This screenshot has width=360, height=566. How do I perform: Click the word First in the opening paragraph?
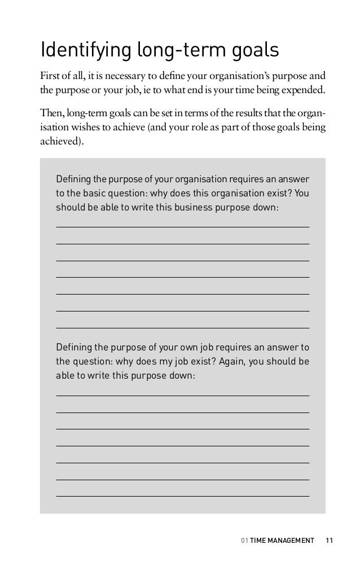pyautogui.click(x=49, y=77)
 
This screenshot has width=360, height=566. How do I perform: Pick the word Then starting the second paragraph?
pyautogui.click(x=51, y=114)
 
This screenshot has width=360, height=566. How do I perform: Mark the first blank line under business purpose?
pyautogui.click(x=183, y=227)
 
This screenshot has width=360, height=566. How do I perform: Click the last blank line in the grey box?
pyautogui.click(x=183, y=495)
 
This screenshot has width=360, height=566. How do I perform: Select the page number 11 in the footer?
pyautogui.click(x=330, y=541)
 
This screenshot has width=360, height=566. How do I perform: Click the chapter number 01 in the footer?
pyautogui.click(x=244, y=541)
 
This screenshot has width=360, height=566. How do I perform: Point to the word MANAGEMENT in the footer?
pyautogui.click(x=291, y=541)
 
